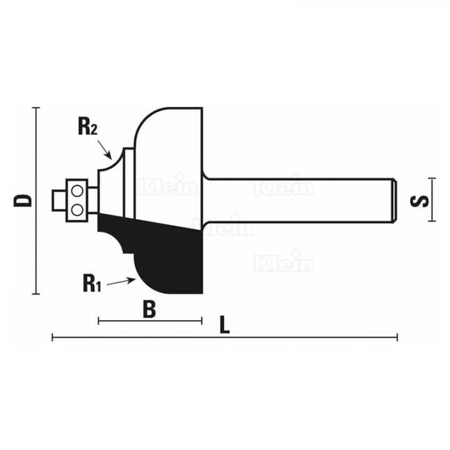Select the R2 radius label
tap(87, 127)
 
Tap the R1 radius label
tap(91, 284)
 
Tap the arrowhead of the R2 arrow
tap(111, 157)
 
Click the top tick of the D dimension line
tap(37, 107)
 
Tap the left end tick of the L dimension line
tap(52, 338)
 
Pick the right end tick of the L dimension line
tap(397, 338)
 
